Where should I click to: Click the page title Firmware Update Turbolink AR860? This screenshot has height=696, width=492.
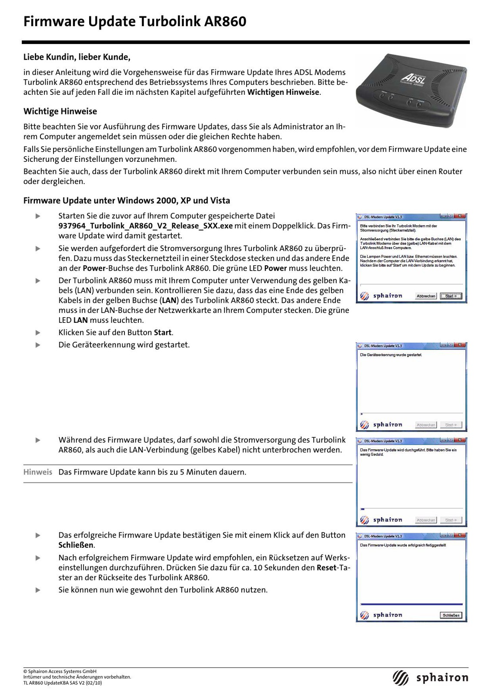(135, 21)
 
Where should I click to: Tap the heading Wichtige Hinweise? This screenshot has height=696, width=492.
(60, 111)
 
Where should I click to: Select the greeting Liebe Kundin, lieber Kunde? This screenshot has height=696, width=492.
(77, 57)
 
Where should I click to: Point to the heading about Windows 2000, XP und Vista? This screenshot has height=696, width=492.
(127, 201)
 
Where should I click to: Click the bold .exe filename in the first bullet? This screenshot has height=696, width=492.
(145, 226)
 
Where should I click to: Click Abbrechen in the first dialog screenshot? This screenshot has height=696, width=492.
(425, 296)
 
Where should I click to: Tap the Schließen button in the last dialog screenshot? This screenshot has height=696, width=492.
(451, 615)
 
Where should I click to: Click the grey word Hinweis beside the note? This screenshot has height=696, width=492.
(37, 472)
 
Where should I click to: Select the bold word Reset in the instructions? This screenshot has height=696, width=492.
(326, 568)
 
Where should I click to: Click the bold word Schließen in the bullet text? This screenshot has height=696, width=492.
(76, 545)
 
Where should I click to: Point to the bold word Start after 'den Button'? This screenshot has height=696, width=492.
(163, 332)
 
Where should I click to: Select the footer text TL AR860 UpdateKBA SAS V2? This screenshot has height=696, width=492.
(63, 683)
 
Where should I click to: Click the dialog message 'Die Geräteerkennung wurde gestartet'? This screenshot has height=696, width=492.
(391, 355)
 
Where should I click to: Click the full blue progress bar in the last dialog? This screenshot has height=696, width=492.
(411, 604)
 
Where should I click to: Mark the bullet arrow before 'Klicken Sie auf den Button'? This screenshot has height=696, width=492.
(38, 333)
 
